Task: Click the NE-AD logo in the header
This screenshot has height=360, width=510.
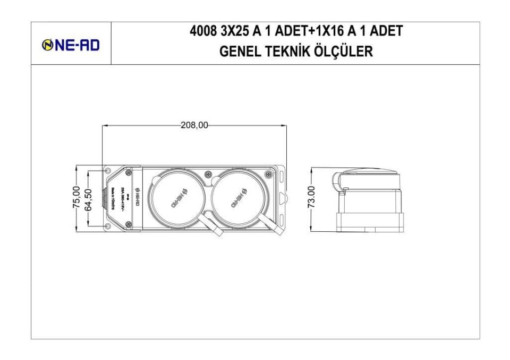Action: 71,45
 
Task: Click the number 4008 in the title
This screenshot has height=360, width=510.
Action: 203,31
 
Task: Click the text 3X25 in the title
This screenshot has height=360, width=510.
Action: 234,31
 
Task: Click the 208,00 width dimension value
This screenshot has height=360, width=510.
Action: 194,125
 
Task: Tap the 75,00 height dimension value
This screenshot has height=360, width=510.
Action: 76,198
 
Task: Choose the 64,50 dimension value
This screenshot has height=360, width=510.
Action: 89,198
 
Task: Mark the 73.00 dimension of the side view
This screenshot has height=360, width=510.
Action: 312,198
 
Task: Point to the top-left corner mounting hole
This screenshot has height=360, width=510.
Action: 108,171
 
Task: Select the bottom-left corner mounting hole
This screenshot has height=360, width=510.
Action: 108,226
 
